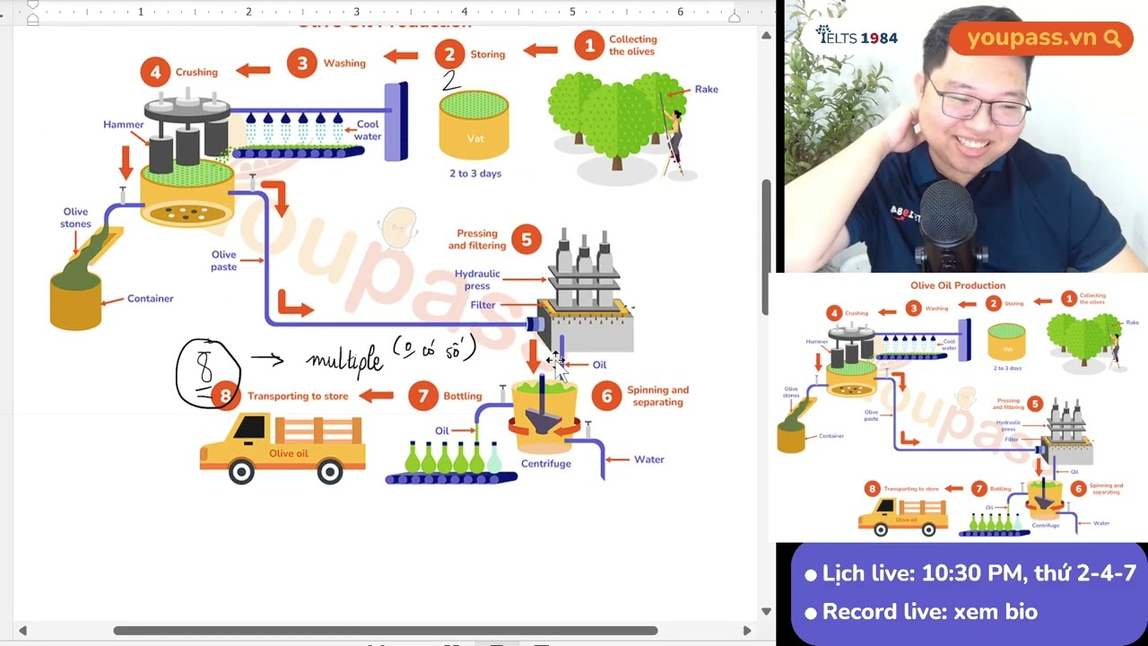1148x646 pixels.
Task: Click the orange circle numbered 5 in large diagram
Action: (526, 240)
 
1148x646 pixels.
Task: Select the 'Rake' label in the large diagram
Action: (706, 89)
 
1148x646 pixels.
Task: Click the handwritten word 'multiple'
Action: (344, 360)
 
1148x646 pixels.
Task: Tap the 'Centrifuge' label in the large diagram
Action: (545, 464)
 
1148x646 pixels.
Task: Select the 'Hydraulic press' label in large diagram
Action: (477, 280)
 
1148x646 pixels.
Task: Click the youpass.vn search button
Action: (1113, 39)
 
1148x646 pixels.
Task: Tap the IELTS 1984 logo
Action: (857, 37)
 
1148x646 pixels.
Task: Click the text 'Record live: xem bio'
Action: (929, 612)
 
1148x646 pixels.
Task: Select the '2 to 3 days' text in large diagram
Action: (475, 173)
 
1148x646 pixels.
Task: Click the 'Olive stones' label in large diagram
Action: (75, 218)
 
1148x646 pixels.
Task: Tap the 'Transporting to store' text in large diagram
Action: (298, 396)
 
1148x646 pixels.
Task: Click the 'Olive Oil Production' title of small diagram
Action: (958, 285)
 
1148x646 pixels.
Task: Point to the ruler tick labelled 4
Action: (465, 12)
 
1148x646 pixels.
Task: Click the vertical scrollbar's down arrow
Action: (766, 611)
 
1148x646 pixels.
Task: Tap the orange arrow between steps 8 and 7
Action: (377, 395)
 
